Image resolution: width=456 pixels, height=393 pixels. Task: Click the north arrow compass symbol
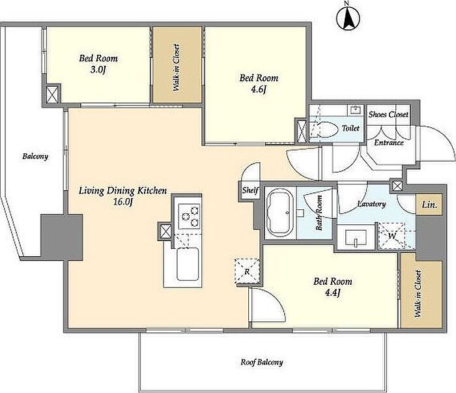click(348, 18)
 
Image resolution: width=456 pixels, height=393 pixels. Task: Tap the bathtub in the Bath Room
click(279, 212)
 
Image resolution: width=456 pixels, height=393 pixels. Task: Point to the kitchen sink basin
click(188, 264)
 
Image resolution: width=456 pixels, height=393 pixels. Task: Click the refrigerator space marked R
click(247, 272)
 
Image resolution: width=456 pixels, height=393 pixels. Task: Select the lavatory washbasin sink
click(356, 238)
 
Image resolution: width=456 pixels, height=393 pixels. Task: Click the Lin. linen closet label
click(429, 205)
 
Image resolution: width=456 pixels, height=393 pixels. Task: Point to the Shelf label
click(250, 190)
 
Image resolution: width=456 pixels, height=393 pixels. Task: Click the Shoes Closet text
click(388, 114)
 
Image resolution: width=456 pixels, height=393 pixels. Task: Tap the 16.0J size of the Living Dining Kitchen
click(123, 201)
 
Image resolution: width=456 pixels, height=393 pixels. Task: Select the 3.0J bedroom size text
click(98, 70)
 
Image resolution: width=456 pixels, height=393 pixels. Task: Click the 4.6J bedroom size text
click(258, 89)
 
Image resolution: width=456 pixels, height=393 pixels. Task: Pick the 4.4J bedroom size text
click(332, 293)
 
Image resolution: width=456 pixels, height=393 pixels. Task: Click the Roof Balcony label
click(262, 362)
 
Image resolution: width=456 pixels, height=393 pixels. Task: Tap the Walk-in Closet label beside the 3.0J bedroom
click(177, 68)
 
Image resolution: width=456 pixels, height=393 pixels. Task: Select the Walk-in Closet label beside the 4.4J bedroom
click(418, 294)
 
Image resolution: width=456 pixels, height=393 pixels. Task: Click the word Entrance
click(389, 143)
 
